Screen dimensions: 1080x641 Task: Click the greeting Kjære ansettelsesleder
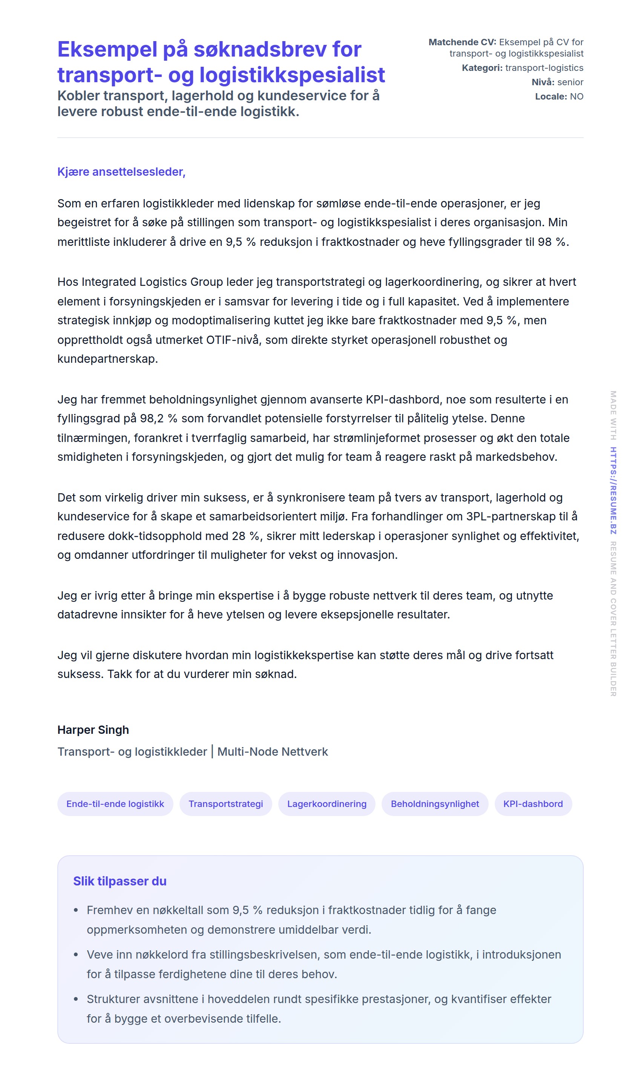[x=121, y=172]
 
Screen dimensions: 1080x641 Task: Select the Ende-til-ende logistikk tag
[x=115, y=804]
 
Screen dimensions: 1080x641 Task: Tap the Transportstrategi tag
[x=225, y=804]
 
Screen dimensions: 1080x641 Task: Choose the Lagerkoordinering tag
[x=327, y=804]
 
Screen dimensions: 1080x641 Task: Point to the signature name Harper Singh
[x=93, y=730]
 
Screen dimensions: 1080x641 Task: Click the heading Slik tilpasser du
[x=120, y=881]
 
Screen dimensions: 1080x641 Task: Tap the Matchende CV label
[x=462, y=42]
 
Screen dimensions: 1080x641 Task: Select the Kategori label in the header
[x=482, y=68]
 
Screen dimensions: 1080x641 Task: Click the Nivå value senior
[x=570, y=82]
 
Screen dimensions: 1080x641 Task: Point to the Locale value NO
[x=576, y=96]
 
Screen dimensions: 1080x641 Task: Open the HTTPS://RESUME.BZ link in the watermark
[x=613, y=491]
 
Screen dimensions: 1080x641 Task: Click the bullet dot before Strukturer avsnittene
[x=76, y=999]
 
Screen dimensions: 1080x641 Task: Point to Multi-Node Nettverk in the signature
[x=273, y=752]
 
